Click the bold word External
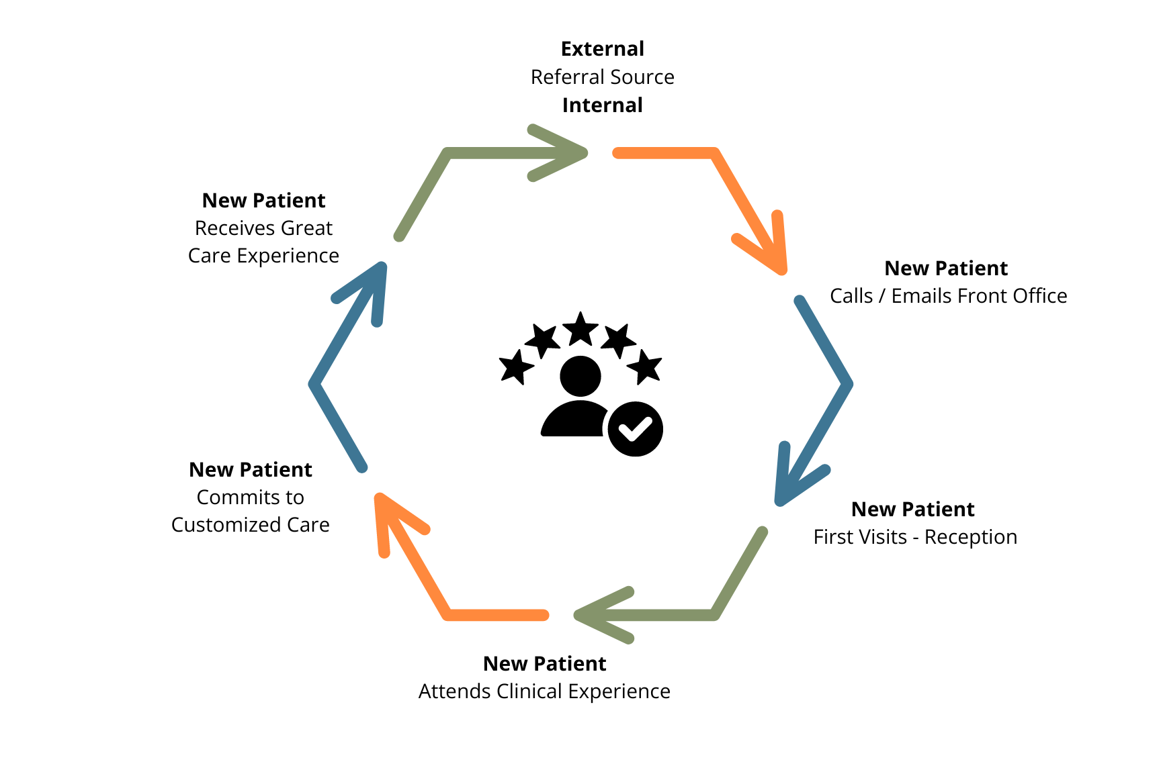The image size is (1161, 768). pos(602,49)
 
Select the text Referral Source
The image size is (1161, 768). pos(602,77)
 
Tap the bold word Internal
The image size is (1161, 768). pos(602,105)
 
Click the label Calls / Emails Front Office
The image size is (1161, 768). pos(948,296)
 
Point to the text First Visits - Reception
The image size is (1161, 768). pos(915,537)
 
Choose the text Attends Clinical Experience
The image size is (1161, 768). pos(544,691)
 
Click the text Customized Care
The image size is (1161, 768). pos(250,525)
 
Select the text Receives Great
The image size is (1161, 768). pos(263,228)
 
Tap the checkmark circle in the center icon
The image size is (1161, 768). pos(635,429)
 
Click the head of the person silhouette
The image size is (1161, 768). pos(580,376)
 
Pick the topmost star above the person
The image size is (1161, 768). pos(580,329)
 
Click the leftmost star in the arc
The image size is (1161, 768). pos(516,367)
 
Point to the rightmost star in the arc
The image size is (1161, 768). pos(645,367)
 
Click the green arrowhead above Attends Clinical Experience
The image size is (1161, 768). pos(591,615)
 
